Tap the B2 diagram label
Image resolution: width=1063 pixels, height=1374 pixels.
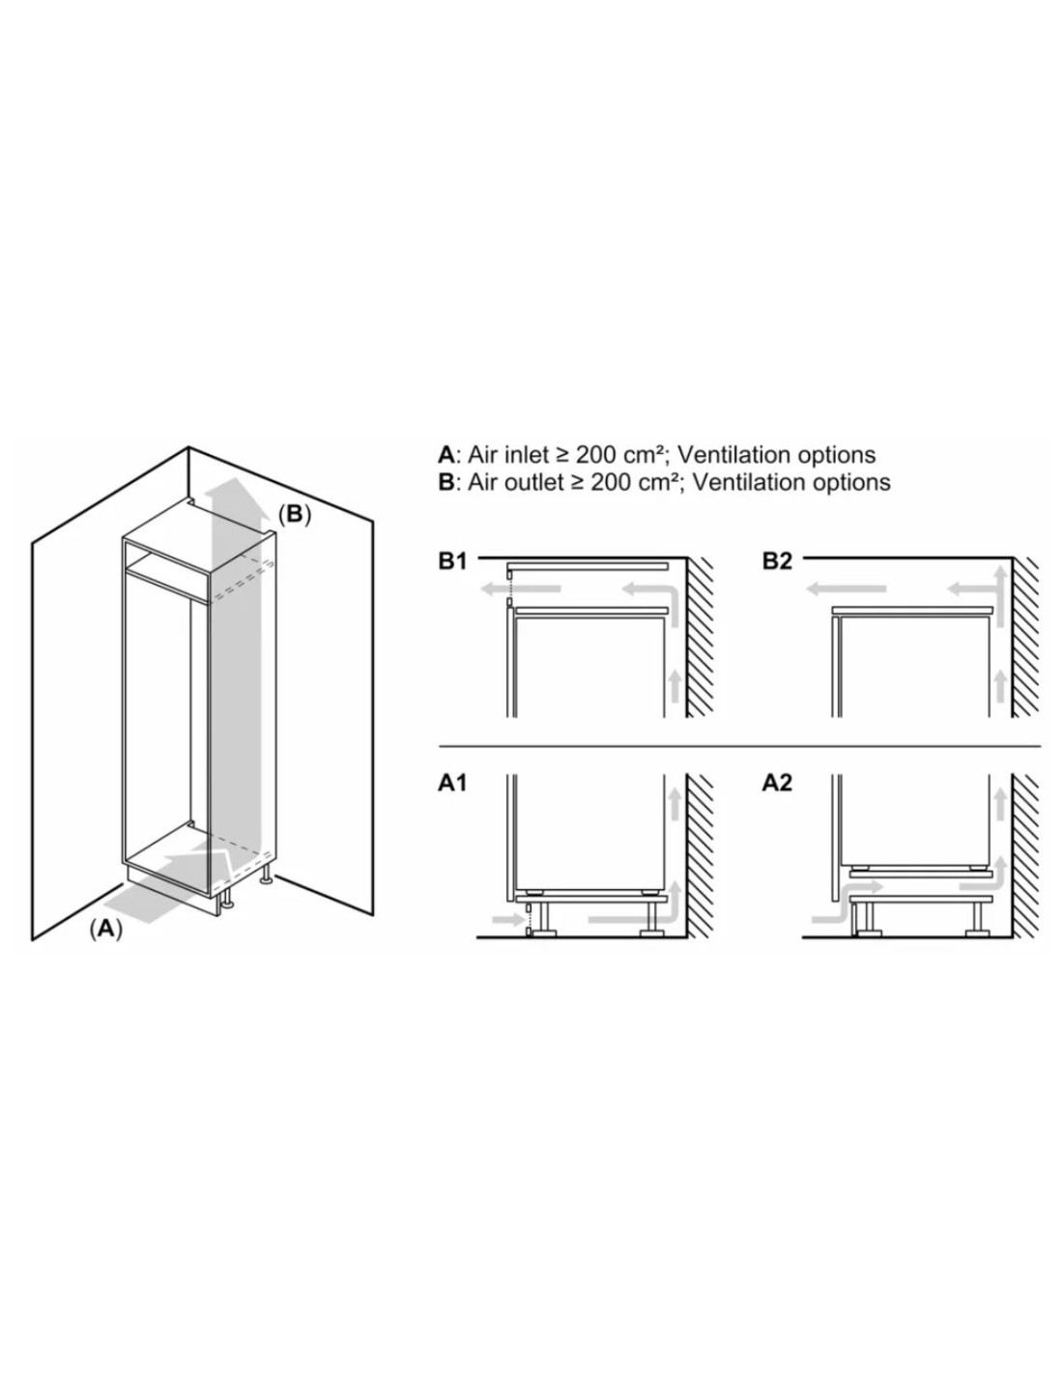tap(777, 560)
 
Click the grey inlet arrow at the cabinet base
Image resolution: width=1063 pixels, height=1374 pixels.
tap(167, 881)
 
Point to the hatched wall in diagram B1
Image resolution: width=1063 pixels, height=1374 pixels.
tap(700, 637)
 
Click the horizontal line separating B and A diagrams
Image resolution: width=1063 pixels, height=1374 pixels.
tap(739, 747)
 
